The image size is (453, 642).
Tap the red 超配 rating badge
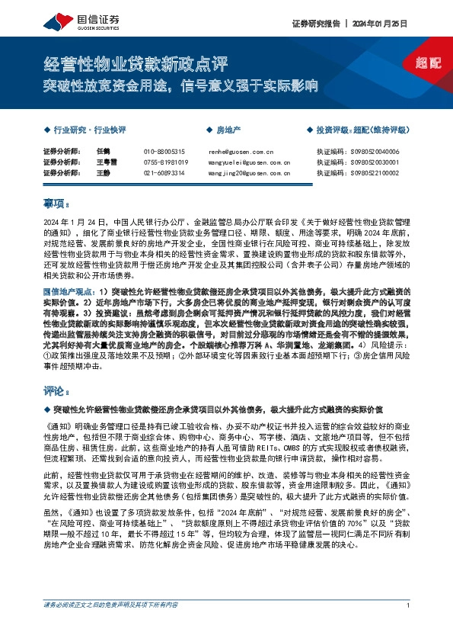(x=429, y=63)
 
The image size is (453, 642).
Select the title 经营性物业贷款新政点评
(x=135, y=62)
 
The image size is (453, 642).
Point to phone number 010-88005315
(x=164, y=152)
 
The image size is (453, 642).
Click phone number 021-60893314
(x=164, y=173)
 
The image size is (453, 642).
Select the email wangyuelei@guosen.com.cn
(x=249, y=162)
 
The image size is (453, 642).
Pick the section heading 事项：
(x=56, y=204)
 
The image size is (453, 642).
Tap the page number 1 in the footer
(x=409, y=626)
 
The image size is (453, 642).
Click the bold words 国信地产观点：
(x=67, y=292)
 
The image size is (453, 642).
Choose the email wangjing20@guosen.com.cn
(x=249, y=173)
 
